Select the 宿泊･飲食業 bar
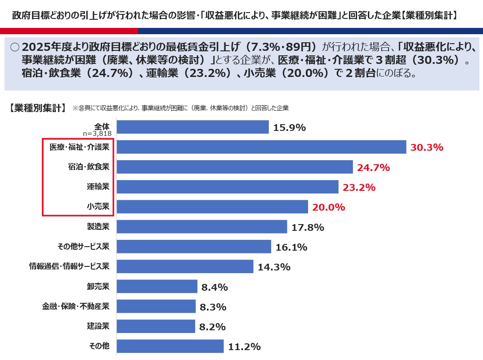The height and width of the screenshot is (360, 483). pos(234,167)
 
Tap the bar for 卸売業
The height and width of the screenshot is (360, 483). pos(157,287)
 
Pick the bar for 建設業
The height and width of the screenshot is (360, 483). pos(156,326)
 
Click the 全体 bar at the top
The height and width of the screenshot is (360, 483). pos(192,127)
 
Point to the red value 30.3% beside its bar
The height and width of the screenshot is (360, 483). pos(427,148)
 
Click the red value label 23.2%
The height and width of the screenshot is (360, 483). pos(359,187)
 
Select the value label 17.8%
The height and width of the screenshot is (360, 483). pos(308,227)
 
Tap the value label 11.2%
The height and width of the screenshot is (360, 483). pos(244,346)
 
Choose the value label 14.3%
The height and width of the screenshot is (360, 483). pos(274,267)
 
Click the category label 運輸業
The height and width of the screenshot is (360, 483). pos(98,186)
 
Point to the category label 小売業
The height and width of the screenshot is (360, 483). pos(98,207)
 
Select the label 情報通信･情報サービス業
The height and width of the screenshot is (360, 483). pos(69,266)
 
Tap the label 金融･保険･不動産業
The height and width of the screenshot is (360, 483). pos(76,306)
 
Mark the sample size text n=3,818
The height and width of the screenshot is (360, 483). pos(96,133)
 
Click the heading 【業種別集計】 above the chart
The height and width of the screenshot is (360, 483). pos(37,108)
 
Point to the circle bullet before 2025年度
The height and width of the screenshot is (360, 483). pos(14,47)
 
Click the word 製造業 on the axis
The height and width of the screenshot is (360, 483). pos(98,226)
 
